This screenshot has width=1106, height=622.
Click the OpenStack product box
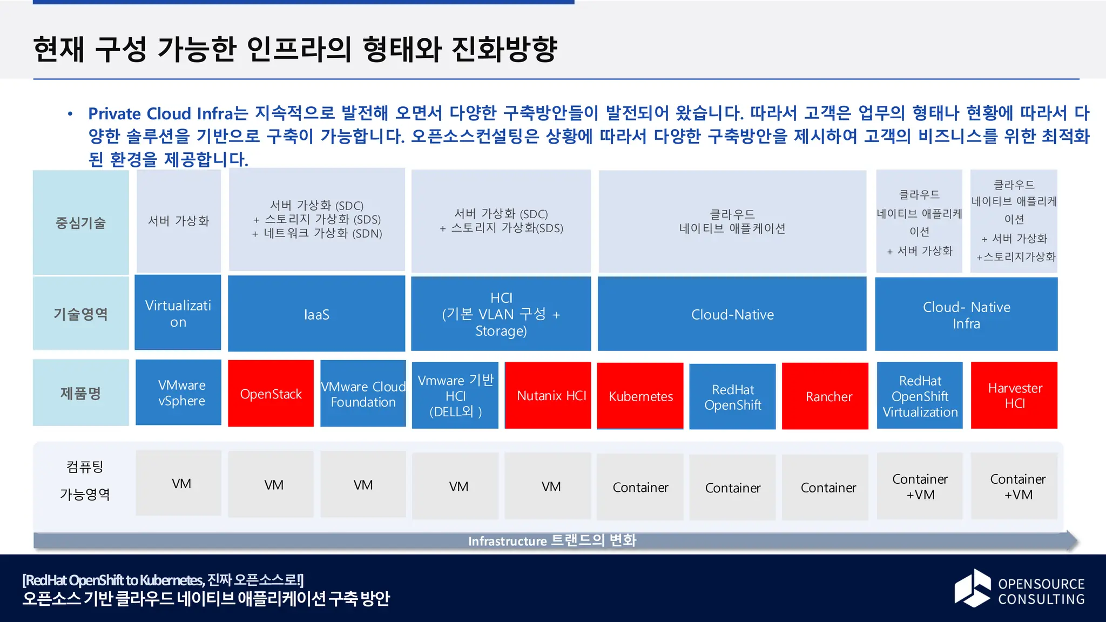pyautogui.click(x=271, y=394)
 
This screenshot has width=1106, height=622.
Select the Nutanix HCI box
pyautogui.click(x=548, y=395)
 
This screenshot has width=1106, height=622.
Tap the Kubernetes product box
pyautogui.click(x=640, y=396)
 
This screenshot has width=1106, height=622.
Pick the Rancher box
pyautogui.click(x=825, y=396)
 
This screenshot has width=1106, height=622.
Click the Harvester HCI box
pyautogui.click(x=1014, y=395)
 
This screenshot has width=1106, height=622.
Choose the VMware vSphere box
pyautogui.click(x=178, y=393)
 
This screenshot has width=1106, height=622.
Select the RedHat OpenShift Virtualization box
pyautogui.click(x=920, y=396)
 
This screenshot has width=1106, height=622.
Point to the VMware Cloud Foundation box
pyautogui.click(x=363, y=394)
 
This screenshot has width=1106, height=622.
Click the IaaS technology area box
pyautogui.click(x=316, y=314)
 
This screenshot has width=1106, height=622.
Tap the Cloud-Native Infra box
pyautogui.click(x=966, y=314)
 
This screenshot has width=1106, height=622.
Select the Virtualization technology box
pyautogui.click(x=178, y=313)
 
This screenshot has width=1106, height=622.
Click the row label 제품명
pyautogui.click(x=80, y=393)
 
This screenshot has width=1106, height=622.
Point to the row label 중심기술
pyautogui.click(x=80, y=222)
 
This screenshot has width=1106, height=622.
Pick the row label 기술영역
pyautogui.click(x=80, y=313)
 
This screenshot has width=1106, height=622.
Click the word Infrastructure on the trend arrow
pyautogui.click(x=507, y=541)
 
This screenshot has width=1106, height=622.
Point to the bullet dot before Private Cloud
pyautogui.click(x=70, y=114)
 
